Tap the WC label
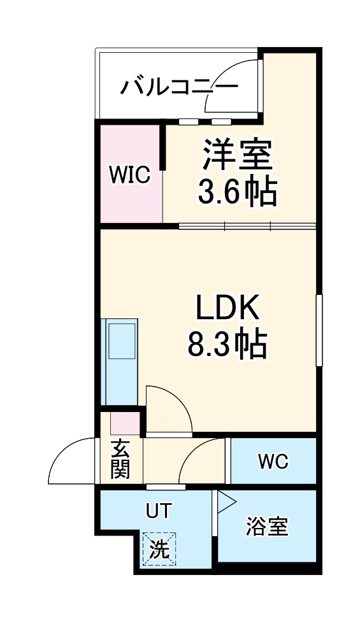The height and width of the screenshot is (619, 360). point(273,461)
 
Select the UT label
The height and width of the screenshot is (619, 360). point(159,511)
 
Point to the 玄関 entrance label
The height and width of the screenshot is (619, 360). point(120,459)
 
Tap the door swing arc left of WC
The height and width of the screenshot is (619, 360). point(202,461)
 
